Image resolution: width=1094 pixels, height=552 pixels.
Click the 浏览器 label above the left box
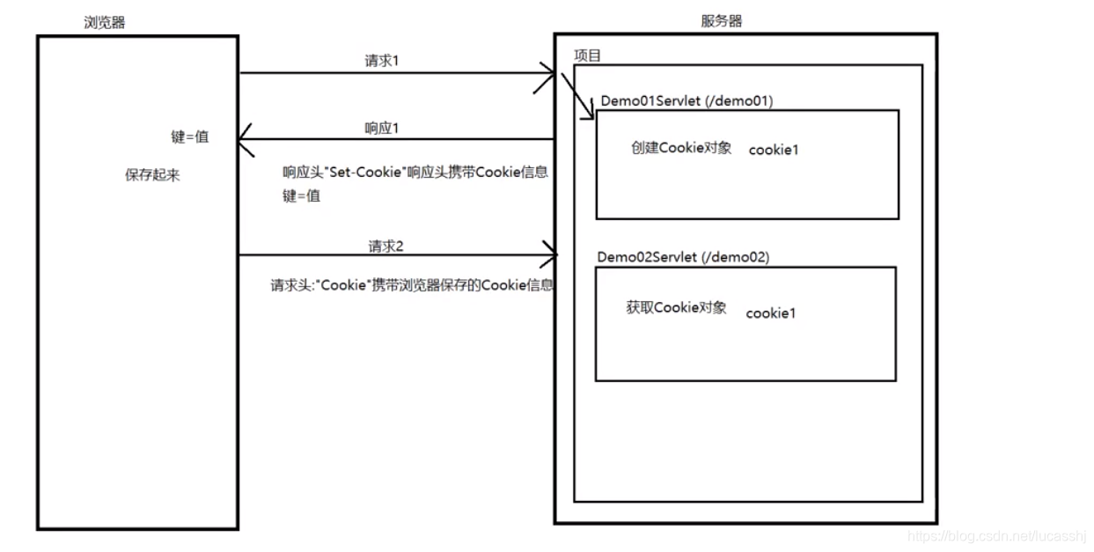click(105, 22)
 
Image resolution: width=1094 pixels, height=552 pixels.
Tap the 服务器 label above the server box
click(721, 21)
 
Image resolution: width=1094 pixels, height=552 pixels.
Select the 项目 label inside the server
click(587, 56)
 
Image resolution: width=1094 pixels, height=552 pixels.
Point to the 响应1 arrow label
click(382, 128)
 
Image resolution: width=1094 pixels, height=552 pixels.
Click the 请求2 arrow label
click(385, 246)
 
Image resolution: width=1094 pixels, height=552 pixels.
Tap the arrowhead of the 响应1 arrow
click(246, 139)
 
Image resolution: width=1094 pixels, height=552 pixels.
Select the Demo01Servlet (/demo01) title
click(687, 100)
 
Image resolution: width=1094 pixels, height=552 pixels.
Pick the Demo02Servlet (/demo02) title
click(683, 257)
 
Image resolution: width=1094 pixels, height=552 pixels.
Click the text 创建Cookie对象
click(681, 148)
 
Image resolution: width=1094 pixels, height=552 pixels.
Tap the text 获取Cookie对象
click(676, 307)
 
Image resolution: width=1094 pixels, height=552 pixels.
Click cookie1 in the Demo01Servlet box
click(774, 150)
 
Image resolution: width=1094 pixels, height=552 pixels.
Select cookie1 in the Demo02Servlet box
click(770, 313)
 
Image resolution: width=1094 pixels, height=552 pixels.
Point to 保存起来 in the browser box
click(152, 175)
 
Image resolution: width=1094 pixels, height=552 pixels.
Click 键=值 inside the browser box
click(189, 137)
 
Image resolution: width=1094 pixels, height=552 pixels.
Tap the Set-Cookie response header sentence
click(415, 173)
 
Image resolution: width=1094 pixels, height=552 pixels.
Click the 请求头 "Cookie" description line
click(411, 286)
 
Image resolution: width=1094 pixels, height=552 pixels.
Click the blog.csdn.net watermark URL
click(998, 535)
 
